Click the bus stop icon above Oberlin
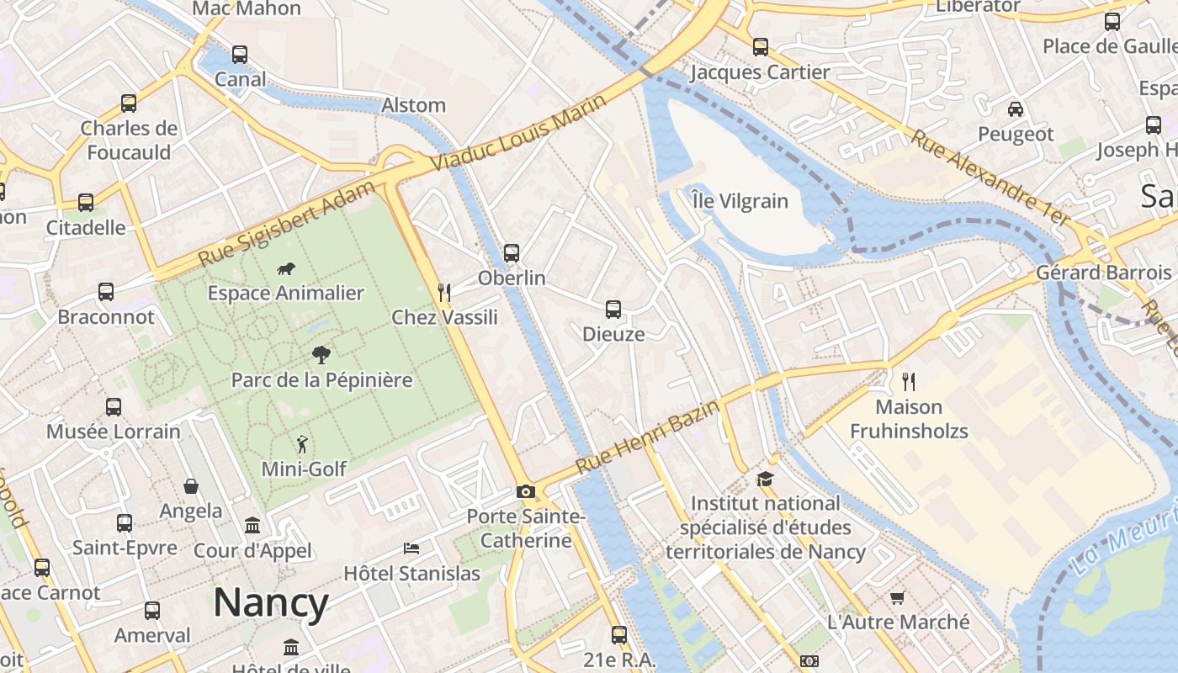511,252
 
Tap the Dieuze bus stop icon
613,310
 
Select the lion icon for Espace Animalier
286,269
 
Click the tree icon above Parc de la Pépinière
321,354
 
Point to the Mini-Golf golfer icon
302,443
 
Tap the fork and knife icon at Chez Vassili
444,293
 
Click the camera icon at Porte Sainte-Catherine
526,491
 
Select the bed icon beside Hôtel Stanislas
411,548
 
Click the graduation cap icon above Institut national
765,479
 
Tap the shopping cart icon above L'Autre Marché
898,598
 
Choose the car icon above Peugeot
1016,109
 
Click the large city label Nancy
270,603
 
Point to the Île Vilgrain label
740,201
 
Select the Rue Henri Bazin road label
648,437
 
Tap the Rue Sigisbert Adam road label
286,225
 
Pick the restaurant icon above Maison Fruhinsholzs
909,382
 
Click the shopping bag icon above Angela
191,486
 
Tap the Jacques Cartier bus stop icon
761,47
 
